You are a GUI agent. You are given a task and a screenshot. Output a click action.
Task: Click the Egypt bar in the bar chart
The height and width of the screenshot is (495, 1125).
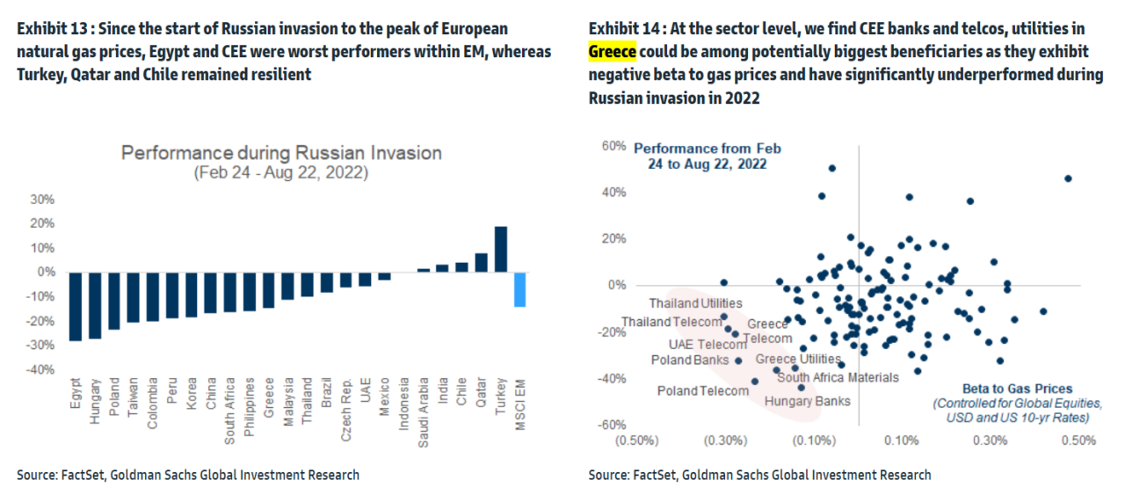coord(75,306)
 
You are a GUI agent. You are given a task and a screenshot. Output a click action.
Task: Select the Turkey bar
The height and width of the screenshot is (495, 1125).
coord(500,250)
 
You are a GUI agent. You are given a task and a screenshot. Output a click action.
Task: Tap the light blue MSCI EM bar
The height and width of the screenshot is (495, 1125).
coord(519,289)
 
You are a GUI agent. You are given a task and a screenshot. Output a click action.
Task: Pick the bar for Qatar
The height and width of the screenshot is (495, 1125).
coord(481,262)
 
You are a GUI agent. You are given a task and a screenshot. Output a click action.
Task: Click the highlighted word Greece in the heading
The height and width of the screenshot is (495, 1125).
coord(612,52)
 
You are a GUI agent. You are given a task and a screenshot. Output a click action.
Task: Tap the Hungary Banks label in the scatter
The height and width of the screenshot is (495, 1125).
coord(807,402)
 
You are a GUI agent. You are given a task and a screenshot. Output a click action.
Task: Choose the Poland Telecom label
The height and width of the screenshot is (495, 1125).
coord(703,390)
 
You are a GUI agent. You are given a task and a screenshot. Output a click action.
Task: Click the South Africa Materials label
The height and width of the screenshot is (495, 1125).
coord(838,377)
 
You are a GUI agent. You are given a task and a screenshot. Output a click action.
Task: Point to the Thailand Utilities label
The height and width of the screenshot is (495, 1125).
coord(696,303)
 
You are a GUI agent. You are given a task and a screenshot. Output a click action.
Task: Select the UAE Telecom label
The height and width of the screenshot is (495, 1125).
coord(708,345)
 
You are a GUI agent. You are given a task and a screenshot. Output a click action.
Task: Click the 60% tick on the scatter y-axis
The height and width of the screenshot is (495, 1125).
coord(613,145)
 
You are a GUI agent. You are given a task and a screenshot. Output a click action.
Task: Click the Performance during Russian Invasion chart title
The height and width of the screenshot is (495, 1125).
coord(281,153)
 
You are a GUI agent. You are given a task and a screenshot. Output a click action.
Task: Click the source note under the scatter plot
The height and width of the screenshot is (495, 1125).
coord(759,475)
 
